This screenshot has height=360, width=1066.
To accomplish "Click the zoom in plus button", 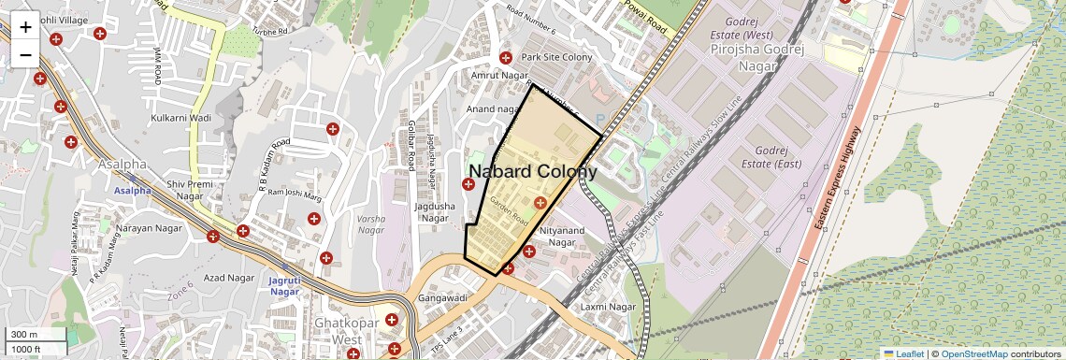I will [25, 27].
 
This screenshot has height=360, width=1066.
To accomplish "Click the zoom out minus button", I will [25, 54].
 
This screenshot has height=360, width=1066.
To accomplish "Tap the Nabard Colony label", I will [532, 171].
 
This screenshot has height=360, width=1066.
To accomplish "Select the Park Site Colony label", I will [557, 57].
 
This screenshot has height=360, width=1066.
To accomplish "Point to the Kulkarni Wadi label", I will [181, 119].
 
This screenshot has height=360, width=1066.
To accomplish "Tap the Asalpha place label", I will [127, 165].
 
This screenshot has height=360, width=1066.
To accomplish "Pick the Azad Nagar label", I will [229, 278].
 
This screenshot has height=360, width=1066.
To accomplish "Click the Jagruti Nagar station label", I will [284, 285].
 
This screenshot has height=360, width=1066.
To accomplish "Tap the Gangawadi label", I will [442, 297].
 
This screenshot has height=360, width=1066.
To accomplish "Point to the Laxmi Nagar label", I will [608, 307].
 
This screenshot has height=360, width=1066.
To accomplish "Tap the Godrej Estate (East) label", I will [773, 157].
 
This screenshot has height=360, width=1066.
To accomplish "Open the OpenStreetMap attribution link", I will [973, 353].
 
